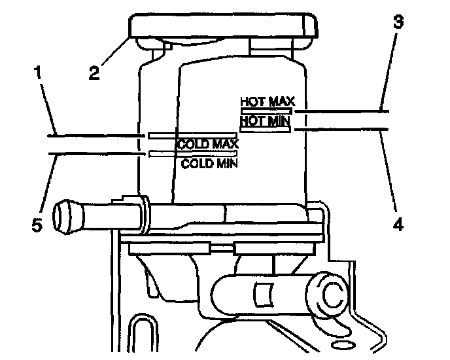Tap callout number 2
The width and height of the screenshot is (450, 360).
[x=95, y=72]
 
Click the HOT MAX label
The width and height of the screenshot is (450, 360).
[x=268, y=102]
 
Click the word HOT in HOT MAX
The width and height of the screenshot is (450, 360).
[x=253, y=102]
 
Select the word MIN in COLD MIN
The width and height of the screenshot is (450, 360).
[x=225, y=163]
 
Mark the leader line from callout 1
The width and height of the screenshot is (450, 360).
[x=92, y=135]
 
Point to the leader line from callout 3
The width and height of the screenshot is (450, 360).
[x=340, y=111]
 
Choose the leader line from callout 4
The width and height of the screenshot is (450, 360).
[x=340, y=130]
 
